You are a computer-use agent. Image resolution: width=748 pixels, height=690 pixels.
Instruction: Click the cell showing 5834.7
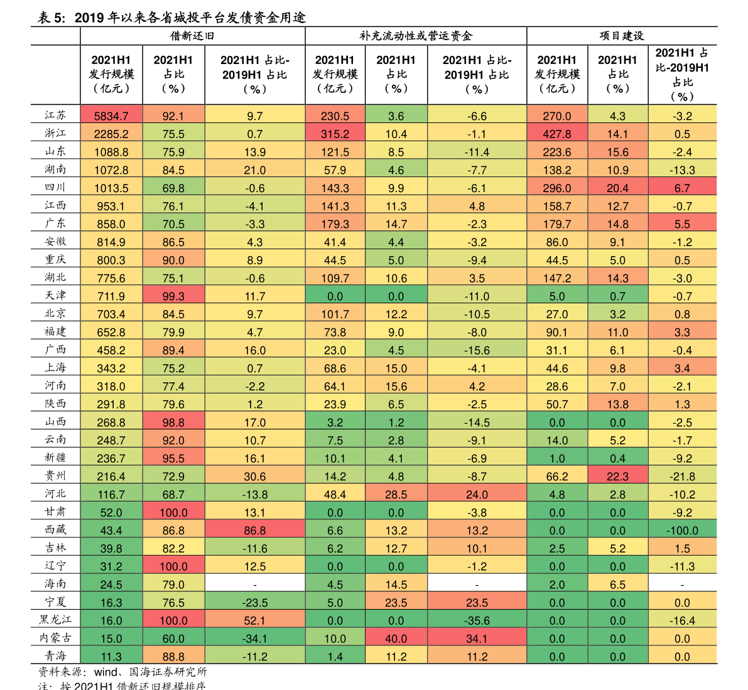coord(111,116)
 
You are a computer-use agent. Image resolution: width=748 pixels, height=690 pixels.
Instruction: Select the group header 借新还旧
coord(192,36)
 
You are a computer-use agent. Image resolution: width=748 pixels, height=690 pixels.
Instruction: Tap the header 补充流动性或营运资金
coord(415,36)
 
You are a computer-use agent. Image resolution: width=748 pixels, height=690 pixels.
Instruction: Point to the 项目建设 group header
coord(621,36)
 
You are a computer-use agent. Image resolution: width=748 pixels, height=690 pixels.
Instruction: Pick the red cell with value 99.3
coord(173,296)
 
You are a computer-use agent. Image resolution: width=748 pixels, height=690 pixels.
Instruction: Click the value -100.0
coord(682,531)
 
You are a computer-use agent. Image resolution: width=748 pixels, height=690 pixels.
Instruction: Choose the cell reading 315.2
coord(335,134)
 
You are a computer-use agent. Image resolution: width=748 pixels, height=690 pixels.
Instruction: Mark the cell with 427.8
coord(556,134)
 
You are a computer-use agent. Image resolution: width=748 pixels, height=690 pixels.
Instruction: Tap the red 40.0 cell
coord(396,639)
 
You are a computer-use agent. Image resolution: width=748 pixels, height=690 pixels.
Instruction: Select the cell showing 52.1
coord(254,620)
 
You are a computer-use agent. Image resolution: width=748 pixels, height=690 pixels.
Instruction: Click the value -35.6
coord(477,620)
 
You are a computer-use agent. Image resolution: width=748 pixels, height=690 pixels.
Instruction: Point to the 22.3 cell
coord(617,477)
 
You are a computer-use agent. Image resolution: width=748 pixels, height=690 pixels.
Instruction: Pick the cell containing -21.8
coord(682,477)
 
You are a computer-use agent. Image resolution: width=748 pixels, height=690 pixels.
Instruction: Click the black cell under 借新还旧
coord(254,584)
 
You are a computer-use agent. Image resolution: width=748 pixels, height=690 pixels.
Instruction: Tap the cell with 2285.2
coord(111,134)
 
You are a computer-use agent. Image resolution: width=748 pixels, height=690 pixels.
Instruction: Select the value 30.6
coord(254,477)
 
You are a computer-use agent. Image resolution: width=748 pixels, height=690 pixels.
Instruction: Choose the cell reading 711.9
coord(111,296)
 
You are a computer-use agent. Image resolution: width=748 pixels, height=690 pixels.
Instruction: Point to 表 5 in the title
coord(50,18)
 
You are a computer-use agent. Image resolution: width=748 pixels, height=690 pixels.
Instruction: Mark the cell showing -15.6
coord(477,350)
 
